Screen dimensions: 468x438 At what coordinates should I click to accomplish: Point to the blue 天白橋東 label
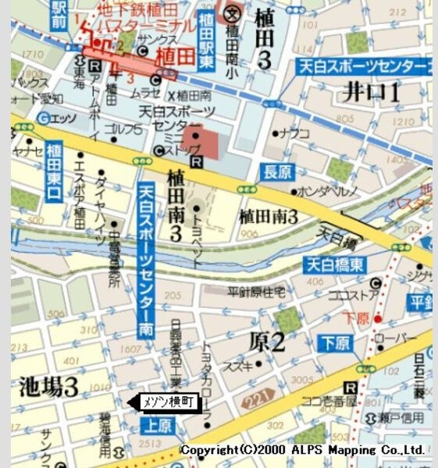334,264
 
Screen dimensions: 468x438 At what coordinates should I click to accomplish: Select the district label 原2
267,341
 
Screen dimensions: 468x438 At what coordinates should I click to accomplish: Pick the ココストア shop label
352,296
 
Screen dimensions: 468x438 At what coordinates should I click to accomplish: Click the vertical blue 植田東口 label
53,172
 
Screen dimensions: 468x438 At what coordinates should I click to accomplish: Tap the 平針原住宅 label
256,291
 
